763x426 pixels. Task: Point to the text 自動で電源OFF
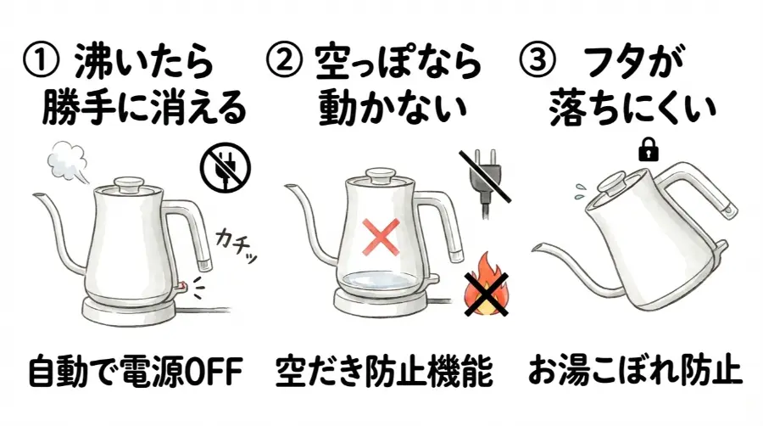135,372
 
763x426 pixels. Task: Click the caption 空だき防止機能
384,372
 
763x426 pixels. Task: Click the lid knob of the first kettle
129,182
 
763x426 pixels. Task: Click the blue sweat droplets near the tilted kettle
579,189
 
